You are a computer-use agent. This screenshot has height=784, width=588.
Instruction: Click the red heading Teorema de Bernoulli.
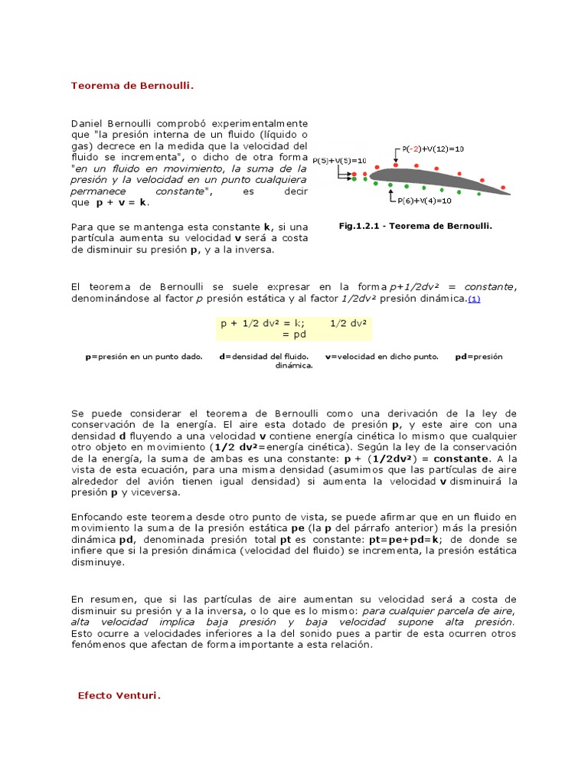[132, 86]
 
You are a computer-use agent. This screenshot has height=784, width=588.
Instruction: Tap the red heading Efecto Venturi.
[119, 696]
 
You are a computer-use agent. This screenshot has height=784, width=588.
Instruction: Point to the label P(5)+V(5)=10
[339, 160]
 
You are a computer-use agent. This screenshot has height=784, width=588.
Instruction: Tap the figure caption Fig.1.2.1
[414, 226]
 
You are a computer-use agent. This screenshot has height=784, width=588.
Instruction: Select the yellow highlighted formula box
[294, 328]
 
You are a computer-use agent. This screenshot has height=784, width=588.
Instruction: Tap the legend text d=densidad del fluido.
[264, 357]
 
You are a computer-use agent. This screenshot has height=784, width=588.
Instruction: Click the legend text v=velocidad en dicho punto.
[382, 357]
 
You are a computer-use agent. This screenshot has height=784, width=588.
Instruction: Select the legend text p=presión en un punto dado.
[144, 357]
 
